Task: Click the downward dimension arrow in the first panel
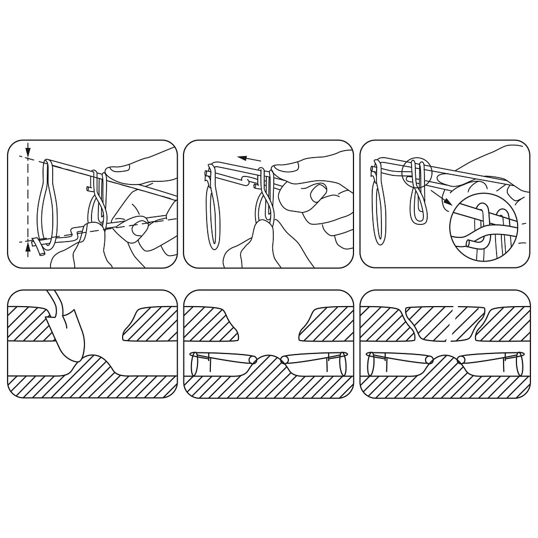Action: tap(28, 150)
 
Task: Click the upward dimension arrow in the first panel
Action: tap(28, 249)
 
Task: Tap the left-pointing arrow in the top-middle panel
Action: tap(250, 159)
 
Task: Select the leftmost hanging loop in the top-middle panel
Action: tap(214, 210)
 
